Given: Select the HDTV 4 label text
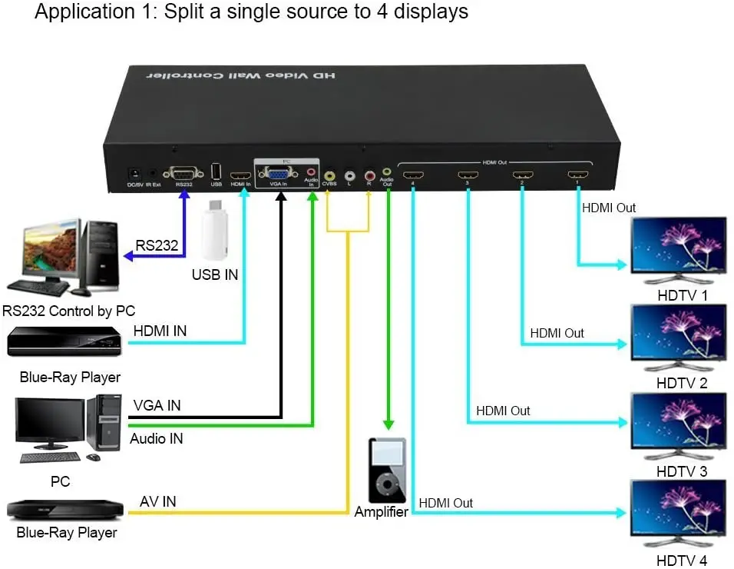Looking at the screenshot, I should [682, 561].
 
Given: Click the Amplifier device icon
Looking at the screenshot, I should [387, 471].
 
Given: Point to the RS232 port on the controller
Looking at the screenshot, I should [183, 173].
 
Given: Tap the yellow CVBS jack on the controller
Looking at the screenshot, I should [329, 175].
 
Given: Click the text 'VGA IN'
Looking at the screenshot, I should [157, 405].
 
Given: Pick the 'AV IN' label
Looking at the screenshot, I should [157, 501].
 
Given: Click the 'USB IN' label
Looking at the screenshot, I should [215, 275].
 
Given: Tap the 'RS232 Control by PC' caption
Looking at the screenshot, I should [69, 311].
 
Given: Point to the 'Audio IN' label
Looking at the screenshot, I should [156, 439].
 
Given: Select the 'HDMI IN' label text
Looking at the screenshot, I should [160, 331].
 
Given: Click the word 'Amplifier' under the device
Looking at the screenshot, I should [381, 512].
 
